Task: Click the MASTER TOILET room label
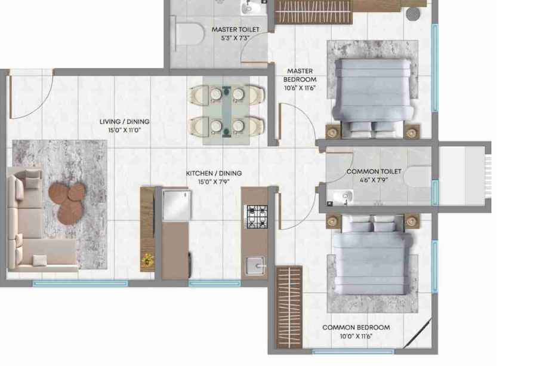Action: [235, 29]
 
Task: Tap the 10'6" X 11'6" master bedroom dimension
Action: [300, 88]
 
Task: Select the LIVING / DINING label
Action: [124, 122]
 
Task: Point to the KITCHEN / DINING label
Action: [214, 173]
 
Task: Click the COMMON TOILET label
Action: [374, 171]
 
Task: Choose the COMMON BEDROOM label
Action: [356, 327]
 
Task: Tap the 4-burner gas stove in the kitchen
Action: [257, 217]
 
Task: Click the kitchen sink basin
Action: [255, 266]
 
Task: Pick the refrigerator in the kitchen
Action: [177, 205]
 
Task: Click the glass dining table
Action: [227, 110]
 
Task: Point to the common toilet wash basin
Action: [340, 197]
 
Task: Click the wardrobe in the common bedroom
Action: [289, 307]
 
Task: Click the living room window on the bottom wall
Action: [80, 284]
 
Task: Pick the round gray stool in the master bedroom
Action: [413, 14]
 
